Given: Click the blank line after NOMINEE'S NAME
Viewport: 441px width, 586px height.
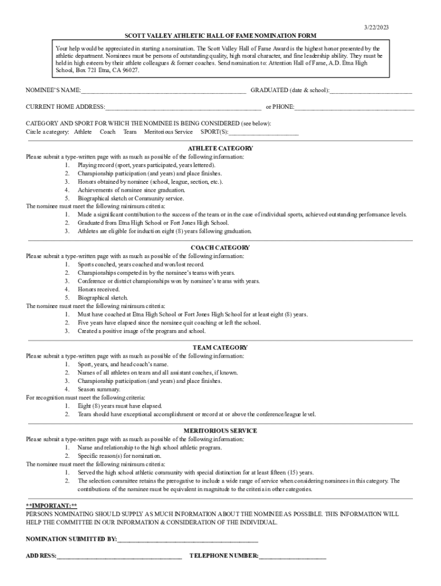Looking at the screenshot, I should [x=163, y=91].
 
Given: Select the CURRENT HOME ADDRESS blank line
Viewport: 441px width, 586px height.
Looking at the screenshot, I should [x=183, y=107].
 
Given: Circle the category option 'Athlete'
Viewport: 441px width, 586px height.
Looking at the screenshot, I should [x=82, y=132].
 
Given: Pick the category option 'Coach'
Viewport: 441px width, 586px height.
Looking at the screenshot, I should [x=108, y=132].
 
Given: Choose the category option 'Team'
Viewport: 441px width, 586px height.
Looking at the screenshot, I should [x=129, y=132].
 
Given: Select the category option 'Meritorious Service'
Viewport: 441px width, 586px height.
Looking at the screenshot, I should [x=168, y=132].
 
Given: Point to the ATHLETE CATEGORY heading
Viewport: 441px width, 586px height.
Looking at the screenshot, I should [x=220, y=148].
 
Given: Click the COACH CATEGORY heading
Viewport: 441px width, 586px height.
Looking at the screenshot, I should [x=220, y=248].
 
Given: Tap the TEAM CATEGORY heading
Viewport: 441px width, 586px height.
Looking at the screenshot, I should [x=220, y=347].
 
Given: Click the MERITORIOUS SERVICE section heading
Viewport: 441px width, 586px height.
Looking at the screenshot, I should [x=220, y=430].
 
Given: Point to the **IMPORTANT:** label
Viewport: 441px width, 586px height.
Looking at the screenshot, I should [x=52, y=506].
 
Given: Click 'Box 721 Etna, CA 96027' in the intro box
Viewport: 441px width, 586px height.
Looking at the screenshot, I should [x=106, y=70].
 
